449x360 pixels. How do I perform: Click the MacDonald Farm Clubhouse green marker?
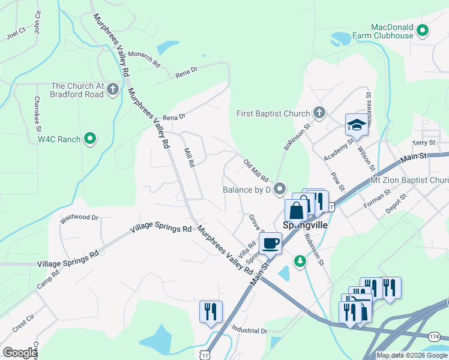[x=423, y=29]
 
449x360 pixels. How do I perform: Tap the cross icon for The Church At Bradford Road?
[x=113, y=90]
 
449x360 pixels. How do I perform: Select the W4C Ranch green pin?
[x=91, y=139]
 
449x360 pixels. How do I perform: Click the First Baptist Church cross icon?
[x=319, y=113]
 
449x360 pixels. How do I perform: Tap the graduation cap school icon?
[x=356, y=125]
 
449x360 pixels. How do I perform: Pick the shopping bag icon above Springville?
[x=296, y=211]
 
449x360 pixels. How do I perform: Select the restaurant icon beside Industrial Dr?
[x=211, y=311]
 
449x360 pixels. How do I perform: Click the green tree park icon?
[x=300, y=261]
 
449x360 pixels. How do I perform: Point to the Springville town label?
[x=304, y=226]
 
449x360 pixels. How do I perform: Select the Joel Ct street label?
[x=16, y=32]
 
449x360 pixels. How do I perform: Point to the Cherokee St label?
[x=37, y=114]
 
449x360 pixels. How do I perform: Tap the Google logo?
[x=20, y=353]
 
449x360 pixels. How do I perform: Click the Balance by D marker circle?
[x=279, y=190]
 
